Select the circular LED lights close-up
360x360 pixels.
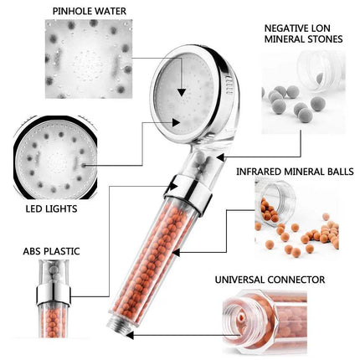[45, 156]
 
